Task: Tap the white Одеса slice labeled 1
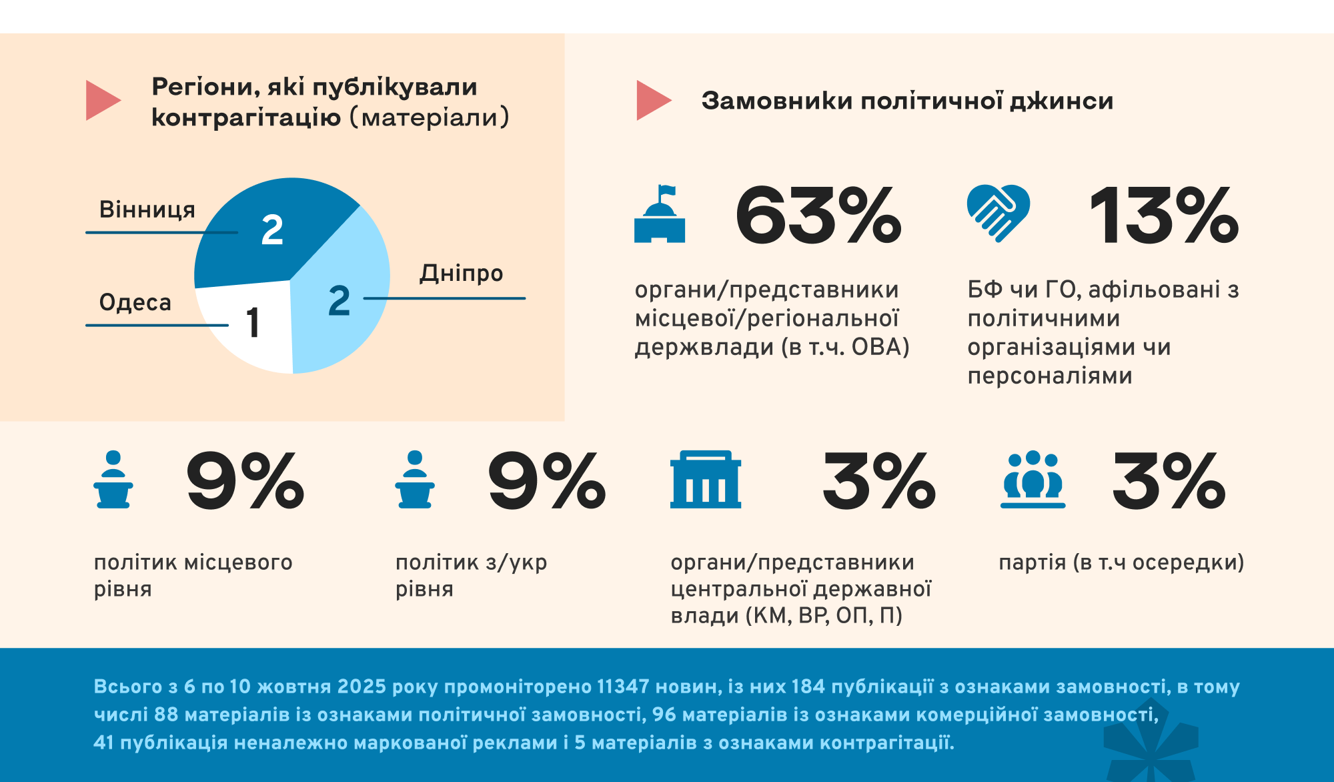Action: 250,324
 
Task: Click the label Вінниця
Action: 147,210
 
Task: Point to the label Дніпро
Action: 462,273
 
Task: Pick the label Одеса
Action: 135,302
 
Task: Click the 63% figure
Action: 818,216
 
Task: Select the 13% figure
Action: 1164,216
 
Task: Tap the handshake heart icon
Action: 998,213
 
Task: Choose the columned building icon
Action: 705,480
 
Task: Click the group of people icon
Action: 1033,480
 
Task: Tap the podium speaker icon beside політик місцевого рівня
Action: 113,480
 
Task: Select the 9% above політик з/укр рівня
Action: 547,480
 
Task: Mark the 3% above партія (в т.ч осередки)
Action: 1169,480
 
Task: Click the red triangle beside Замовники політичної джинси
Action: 652,101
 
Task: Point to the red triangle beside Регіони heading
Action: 101,101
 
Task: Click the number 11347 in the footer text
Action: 623,687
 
